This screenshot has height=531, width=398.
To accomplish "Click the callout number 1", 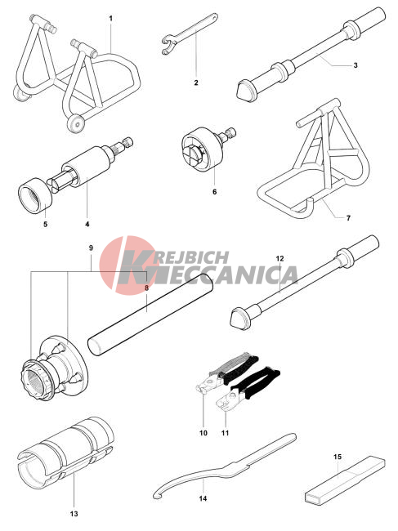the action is (x=110, y=18).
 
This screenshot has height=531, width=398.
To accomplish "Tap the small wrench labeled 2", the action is (x=189, y=33).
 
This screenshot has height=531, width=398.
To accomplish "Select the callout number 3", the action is (x=356, y=65).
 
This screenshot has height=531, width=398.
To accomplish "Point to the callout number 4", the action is (x=87, y=224).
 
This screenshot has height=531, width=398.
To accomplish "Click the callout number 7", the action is (x=348, y=218).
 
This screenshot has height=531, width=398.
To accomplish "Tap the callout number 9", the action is (x=91, y=248).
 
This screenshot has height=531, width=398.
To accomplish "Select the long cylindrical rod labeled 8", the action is (x=150, y=315).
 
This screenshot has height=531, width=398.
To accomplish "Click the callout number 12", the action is (x=279, y=258).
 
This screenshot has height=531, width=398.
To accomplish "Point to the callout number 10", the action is (x=203, y=433).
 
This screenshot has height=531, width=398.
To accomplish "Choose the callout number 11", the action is (x=226, y=433).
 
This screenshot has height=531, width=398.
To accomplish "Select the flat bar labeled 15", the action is (x=345, y=480).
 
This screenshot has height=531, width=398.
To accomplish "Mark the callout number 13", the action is (x=74, y=514).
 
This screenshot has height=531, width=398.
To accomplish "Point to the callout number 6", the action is (x=214, y=192).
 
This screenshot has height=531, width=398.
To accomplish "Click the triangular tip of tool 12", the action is (x=239, y=319).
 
